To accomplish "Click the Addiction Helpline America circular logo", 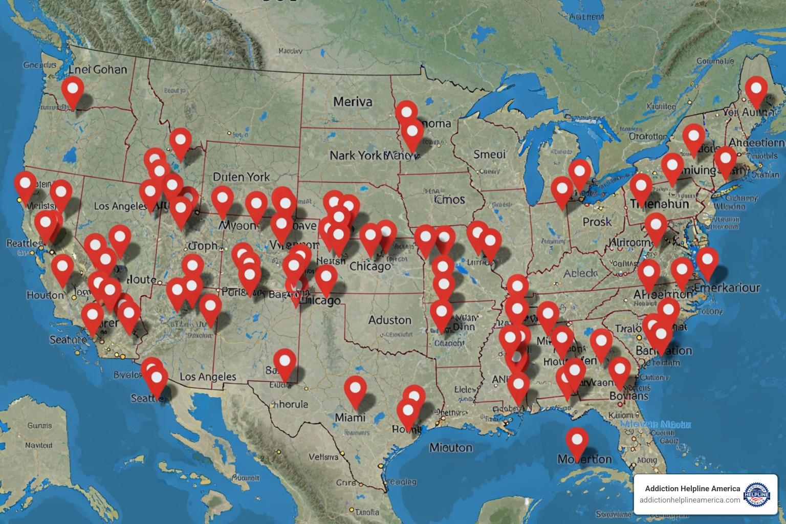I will point(757,494).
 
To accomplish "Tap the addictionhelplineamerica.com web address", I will point(689,500).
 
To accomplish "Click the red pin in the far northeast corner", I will point(756,90).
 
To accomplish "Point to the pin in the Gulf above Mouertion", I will point(577,441).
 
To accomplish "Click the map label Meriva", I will point(353,102).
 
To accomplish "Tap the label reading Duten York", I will point(241,177).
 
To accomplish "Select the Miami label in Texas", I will point(350,418).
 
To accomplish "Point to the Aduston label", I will point(389,320).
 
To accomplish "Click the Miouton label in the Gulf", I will point(450,448).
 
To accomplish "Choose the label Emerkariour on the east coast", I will point(727,288).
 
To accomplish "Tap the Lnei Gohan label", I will point(98,70).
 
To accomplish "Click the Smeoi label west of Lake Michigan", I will point(489,154).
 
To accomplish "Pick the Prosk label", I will point(597,222).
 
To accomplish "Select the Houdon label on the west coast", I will point(45,295).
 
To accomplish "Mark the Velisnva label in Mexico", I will point(323,456).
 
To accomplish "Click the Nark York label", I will point(355,155).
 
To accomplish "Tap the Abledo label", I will point(580,274).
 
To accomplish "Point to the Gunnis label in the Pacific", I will point(39,425).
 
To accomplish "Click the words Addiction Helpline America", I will point(692,489).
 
